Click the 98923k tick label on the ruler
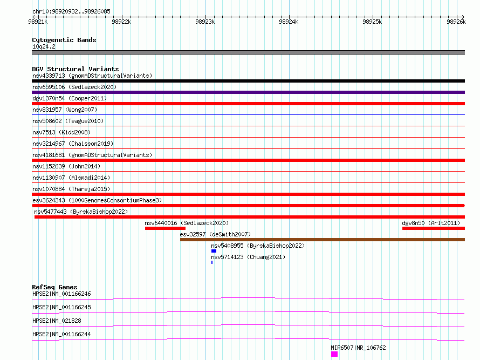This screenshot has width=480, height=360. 205,22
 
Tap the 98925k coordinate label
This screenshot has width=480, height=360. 372,22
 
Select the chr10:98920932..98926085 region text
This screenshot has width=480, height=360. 71,11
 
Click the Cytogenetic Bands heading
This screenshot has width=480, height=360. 64,40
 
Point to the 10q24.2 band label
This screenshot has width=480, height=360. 44,46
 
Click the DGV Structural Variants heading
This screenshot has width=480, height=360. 76,69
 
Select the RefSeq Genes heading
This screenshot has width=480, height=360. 54,287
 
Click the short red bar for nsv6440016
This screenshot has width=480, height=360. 166,228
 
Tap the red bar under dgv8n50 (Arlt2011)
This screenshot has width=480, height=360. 434,228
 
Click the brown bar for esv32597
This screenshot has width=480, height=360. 323,240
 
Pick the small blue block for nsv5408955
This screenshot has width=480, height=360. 214,251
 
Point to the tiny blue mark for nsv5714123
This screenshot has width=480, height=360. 212,262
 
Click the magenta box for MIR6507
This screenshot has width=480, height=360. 334,354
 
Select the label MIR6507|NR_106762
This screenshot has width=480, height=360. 358,348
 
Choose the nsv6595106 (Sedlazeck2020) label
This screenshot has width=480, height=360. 74,87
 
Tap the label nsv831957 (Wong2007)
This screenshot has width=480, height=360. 65,110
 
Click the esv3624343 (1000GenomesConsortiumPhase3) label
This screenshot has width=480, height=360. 97,200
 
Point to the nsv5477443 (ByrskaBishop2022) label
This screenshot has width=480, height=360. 81,212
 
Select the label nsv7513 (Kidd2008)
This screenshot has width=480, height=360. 61,132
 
